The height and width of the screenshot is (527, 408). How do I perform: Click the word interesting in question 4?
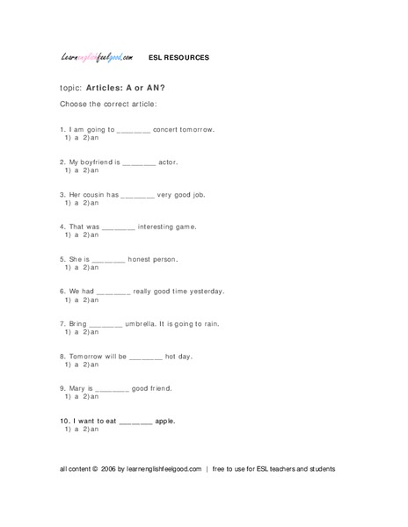tap(164, 227)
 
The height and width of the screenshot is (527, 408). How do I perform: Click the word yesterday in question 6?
tap(206, 292)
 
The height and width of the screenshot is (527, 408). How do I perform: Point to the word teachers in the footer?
tap(286, 470)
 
